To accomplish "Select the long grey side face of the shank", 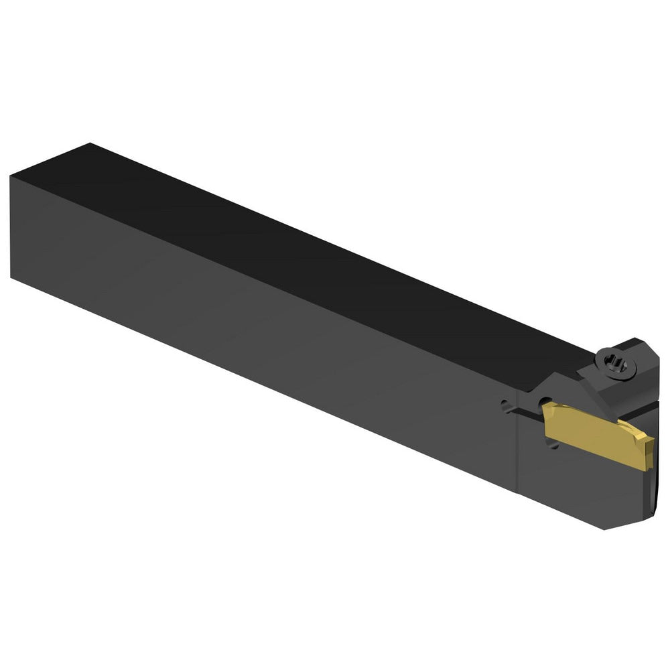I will (x=268, y=322).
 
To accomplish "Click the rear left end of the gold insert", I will (x=547, y=420).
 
